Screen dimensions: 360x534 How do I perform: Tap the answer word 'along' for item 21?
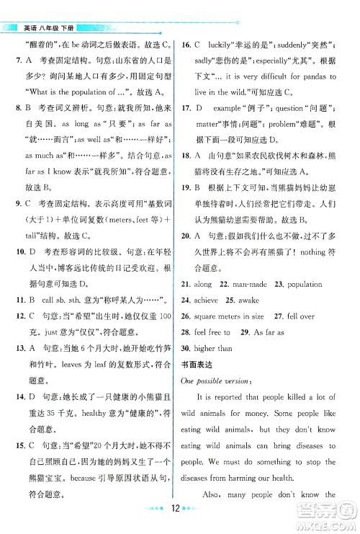tap(212, 285)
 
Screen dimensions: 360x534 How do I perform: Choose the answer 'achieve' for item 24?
tap(216, 300)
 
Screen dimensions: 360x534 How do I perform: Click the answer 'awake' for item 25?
tap(258, 300)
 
